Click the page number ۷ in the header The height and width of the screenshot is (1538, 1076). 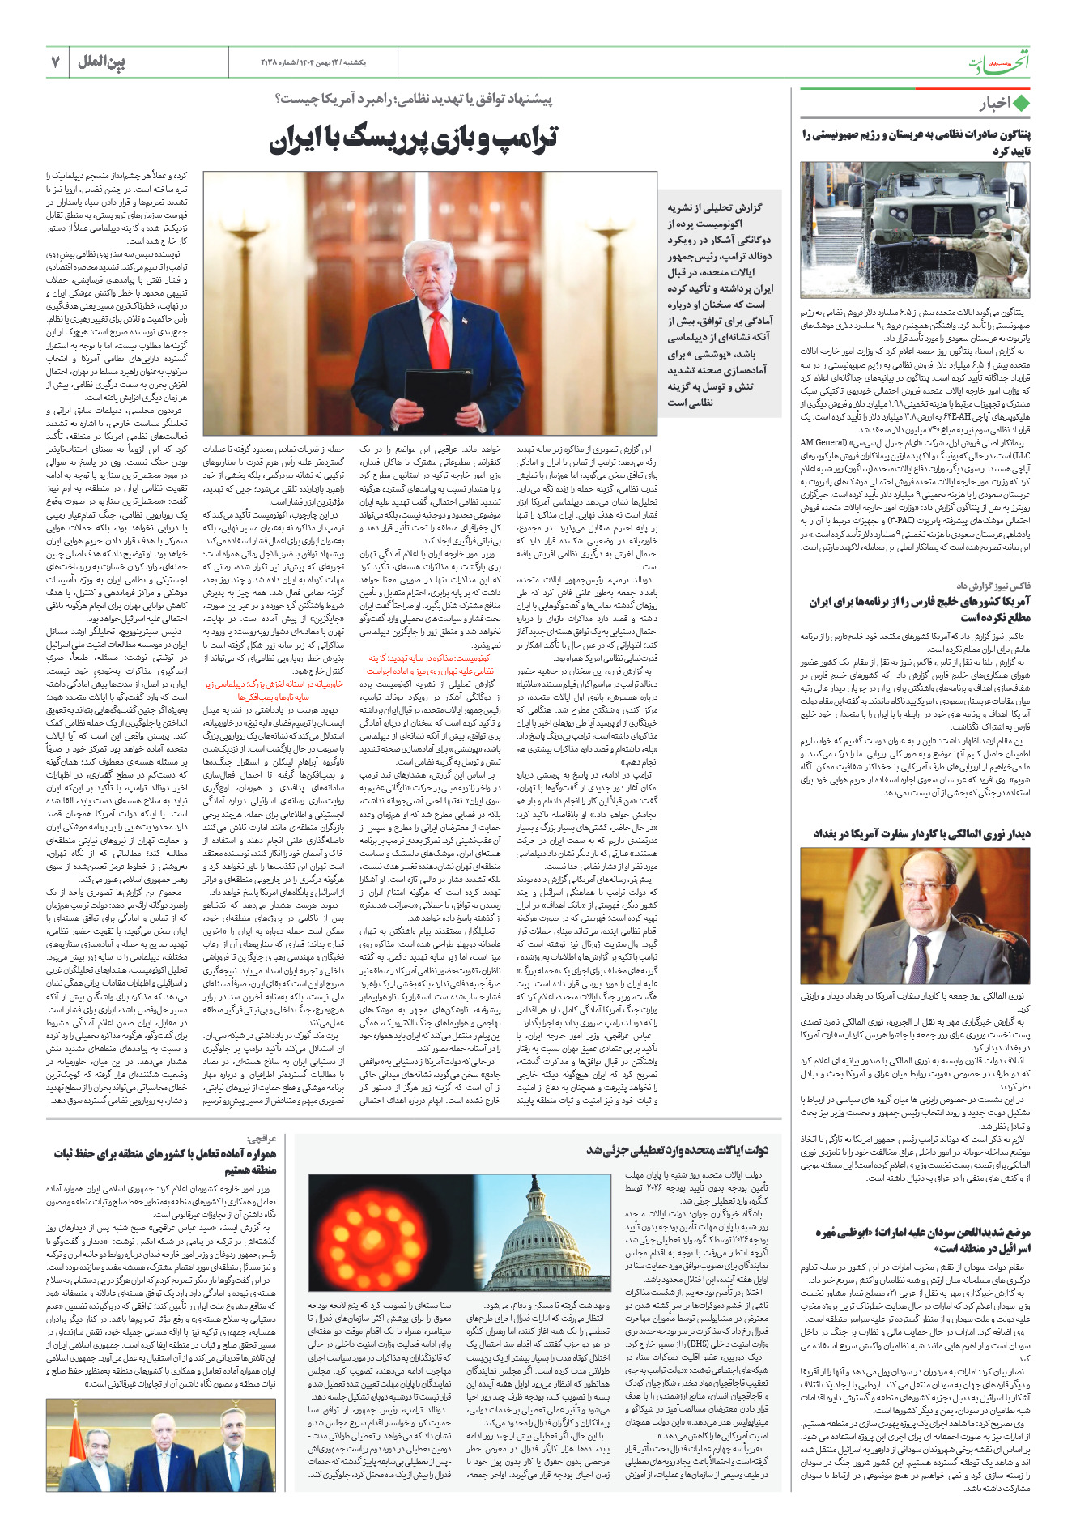[x=56, y=62]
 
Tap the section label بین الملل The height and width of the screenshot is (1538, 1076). [x=101, y=62]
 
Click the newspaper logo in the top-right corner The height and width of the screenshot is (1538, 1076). [x=999, y=63]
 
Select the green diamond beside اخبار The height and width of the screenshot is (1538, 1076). [x=1021, y=104]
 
